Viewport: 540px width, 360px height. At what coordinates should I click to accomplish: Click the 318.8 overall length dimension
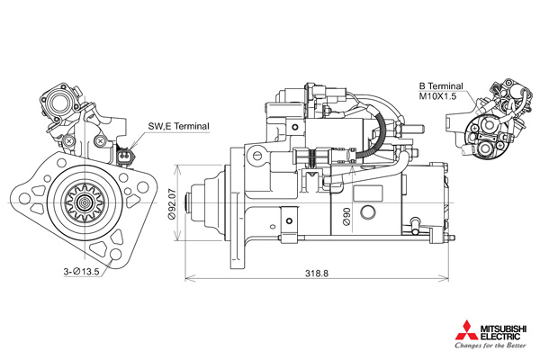coord(317,274)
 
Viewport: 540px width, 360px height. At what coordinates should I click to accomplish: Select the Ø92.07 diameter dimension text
coord(172,203)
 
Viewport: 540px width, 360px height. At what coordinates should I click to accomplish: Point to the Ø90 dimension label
coord(346,216)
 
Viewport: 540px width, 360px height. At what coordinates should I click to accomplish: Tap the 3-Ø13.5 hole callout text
coord(81,272)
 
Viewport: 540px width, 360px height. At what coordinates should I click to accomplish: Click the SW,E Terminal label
coord(178,126)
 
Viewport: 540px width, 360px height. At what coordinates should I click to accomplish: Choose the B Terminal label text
coord(441,86)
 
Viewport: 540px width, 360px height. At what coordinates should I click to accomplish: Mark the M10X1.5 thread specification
coord(437,96)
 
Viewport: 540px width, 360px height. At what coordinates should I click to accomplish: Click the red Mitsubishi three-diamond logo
coord(466,330)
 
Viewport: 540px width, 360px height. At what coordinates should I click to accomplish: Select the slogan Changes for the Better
coord(490,346)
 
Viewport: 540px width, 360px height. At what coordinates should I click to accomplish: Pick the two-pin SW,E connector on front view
coord(124,156)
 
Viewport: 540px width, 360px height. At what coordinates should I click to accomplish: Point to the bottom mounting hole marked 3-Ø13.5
coord(116,255)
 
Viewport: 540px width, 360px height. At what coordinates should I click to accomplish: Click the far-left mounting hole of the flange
coord(25,198)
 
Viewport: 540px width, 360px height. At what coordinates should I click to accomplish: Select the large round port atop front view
coord(58,102)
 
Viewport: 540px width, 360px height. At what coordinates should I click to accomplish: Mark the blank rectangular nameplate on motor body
coord(368,193)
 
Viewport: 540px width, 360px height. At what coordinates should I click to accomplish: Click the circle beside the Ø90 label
coord(368,212)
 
